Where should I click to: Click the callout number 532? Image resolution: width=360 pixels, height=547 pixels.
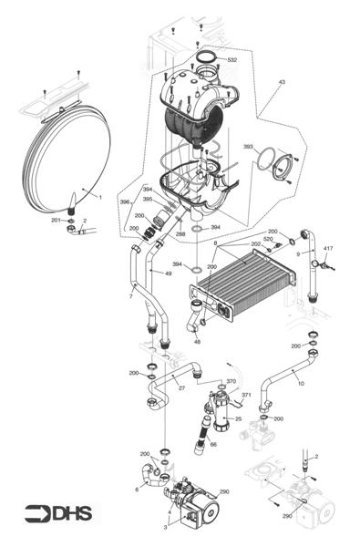coord(231,60)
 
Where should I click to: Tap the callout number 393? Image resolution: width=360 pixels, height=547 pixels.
coord(248,147)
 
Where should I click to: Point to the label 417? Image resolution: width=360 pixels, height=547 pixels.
coord(327,247)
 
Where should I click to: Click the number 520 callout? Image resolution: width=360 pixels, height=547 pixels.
coord(268,239)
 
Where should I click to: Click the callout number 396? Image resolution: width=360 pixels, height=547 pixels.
coord(124,201)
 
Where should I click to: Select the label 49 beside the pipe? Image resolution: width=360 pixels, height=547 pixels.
coord(168,273)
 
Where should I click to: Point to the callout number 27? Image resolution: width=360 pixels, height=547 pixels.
coord(181,388)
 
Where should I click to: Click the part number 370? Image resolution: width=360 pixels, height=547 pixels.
coord(231,382)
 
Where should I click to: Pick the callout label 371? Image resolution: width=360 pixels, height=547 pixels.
coord(246,395)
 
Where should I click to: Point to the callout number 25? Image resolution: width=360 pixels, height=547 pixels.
coord(238,419)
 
